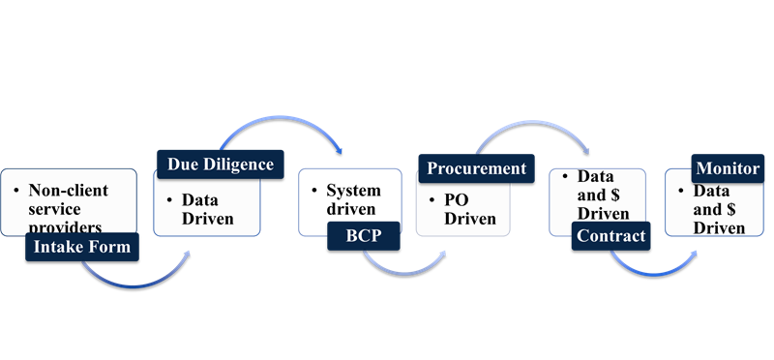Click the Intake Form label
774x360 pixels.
tap(82, 247)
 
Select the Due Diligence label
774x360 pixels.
tap(221, 165)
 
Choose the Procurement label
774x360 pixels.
tap(477, 168)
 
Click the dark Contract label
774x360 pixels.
tap(610, 235)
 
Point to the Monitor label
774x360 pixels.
tap(728, 168)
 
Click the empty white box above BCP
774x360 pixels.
tap(350, 198)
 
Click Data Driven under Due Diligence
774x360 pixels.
tap(207, 209)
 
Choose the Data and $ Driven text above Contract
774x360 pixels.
tap(603, 195)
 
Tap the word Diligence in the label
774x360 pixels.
tap(242, 165)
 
